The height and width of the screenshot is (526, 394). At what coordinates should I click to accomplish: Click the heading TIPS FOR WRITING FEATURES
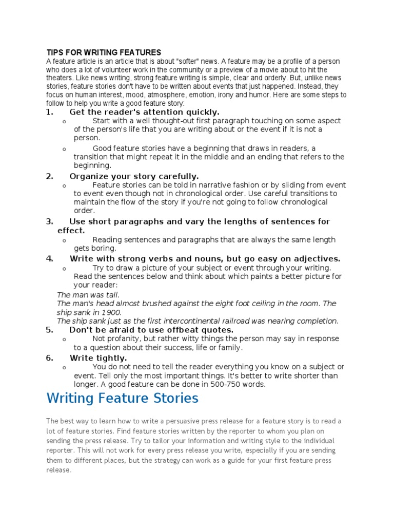tap(104, 52)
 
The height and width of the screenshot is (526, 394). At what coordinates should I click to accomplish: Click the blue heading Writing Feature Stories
tap(122, 398)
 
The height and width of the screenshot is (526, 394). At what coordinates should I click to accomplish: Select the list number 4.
tap(49, 258)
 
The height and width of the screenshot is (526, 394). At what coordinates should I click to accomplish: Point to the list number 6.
tap(49, 358)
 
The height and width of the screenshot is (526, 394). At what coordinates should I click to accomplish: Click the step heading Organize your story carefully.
tap(134, 176)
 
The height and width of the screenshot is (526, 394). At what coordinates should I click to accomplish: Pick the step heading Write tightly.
tap(98, 358)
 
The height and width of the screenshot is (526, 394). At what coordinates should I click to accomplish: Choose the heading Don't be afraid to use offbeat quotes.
tap(151, 330)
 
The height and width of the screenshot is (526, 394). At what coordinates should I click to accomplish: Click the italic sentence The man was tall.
tap(88, 295)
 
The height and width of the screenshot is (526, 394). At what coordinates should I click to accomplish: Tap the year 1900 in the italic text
tap(111, 312)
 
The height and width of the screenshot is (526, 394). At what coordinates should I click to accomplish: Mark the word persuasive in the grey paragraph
tap(178, 421)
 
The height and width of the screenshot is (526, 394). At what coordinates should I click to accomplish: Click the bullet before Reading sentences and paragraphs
tap(63, 240)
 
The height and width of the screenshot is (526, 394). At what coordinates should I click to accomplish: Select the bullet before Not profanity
tap(63, 340)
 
